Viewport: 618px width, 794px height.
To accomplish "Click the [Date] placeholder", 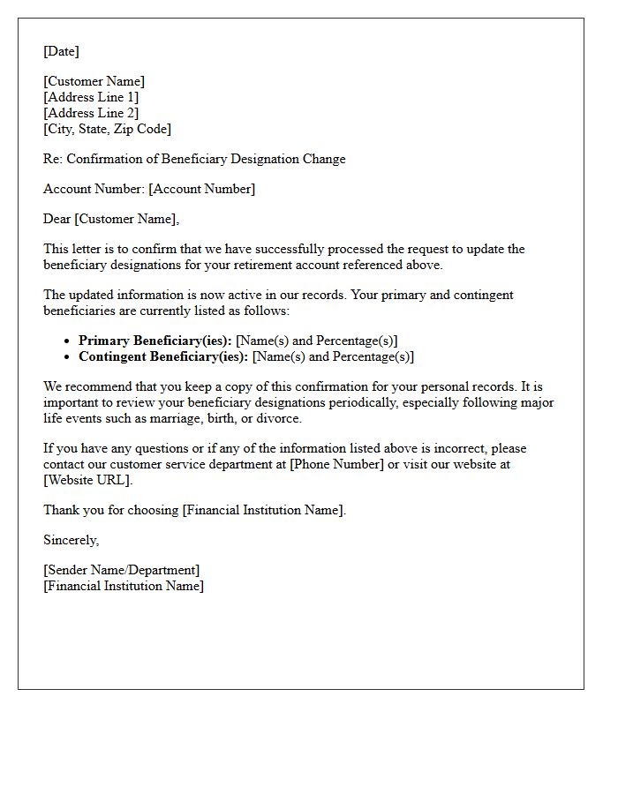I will pyautogui.click(x=61, y=51).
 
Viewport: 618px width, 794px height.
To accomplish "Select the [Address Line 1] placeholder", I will pyautogui.click(x=91, y=97).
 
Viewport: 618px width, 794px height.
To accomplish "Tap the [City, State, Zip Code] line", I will pyautogui.click(x=107, y=129).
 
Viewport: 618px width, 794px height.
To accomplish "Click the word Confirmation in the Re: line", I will pyautogui.click(x=114, y=159).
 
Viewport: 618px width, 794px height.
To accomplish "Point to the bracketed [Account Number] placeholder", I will pyautogui.click(x=201, y=189).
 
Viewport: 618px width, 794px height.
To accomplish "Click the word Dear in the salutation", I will pyautogui.click(x=58, y=219).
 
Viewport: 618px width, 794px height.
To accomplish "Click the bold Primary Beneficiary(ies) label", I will pyautogui.click(x=155, y=341).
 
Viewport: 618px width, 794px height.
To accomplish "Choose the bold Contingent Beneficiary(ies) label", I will pyautogui.click(x=163, y=356).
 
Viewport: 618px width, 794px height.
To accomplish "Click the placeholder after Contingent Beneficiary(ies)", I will pyautogui.click(x=333, y=356).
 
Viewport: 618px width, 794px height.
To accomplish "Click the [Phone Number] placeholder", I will pyautogui.click(x=336, y=464).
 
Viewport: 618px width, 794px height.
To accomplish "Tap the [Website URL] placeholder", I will pyautogui.click(x=87, y=480).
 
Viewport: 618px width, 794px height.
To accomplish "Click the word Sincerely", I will pyautogui.click(x=71, y=540).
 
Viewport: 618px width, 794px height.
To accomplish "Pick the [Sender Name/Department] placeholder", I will pyautogui.click(x=121, y=570).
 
